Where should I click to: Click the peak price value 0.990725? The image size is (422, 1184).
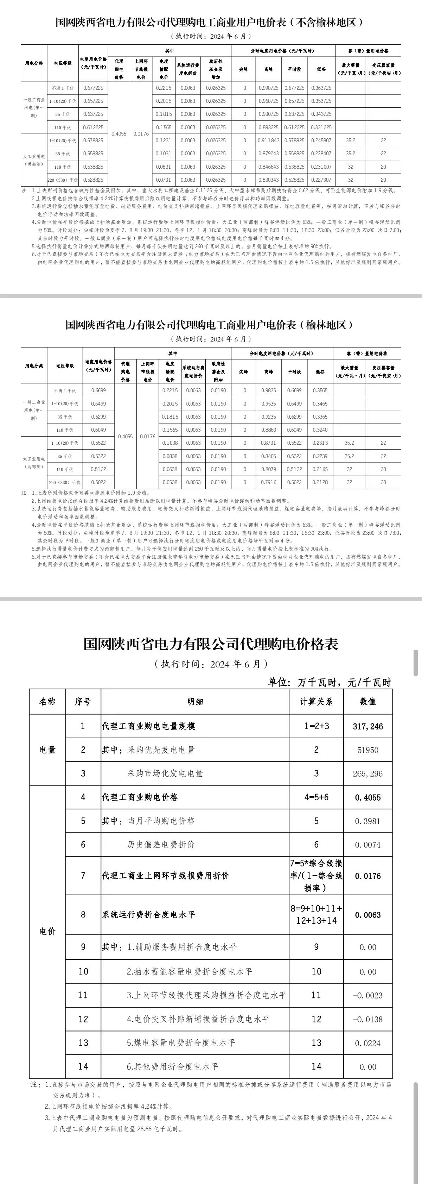pyautogui.click(x=269, y=88)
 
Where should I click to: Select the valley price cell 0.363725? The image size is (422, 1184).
pyautogui.click(x=321, y=88)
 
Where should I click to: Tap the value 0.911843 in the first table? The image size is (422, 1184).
pyautogui.click(x=269, y=140)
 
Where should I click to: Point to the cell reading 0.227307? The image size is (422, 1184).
pyautogui.click(x=321, y=180)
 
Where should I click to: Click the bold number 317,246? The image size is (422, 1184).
pyautogui.click(x=368, y=726)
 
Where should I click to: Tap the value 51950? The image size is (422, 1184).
pyautogui.click(x=368, y=750)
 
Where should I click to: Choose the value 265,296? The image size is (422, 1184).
pyautogui.click(x=368, y=773)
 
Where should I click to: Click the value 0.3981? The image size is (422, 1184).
pyautogui.click(x=368, y=821)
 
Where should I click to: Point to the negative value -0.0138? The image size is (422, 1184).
pyautogui.click(x=368, y=1019)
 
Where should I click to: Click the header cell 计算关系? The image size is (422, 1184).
pyautogui.click(x=316, y=702)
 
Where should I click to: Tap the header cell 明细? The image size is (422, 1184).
pyautogui.click(x=195, y=702)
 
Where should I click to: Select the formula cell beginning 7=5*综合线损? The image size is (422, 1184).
pyautogui.click(x=316, y=875)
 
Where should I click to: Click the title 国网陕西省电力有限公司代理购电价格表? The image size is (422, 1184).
pyautogui.click(x=211, y=644)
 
